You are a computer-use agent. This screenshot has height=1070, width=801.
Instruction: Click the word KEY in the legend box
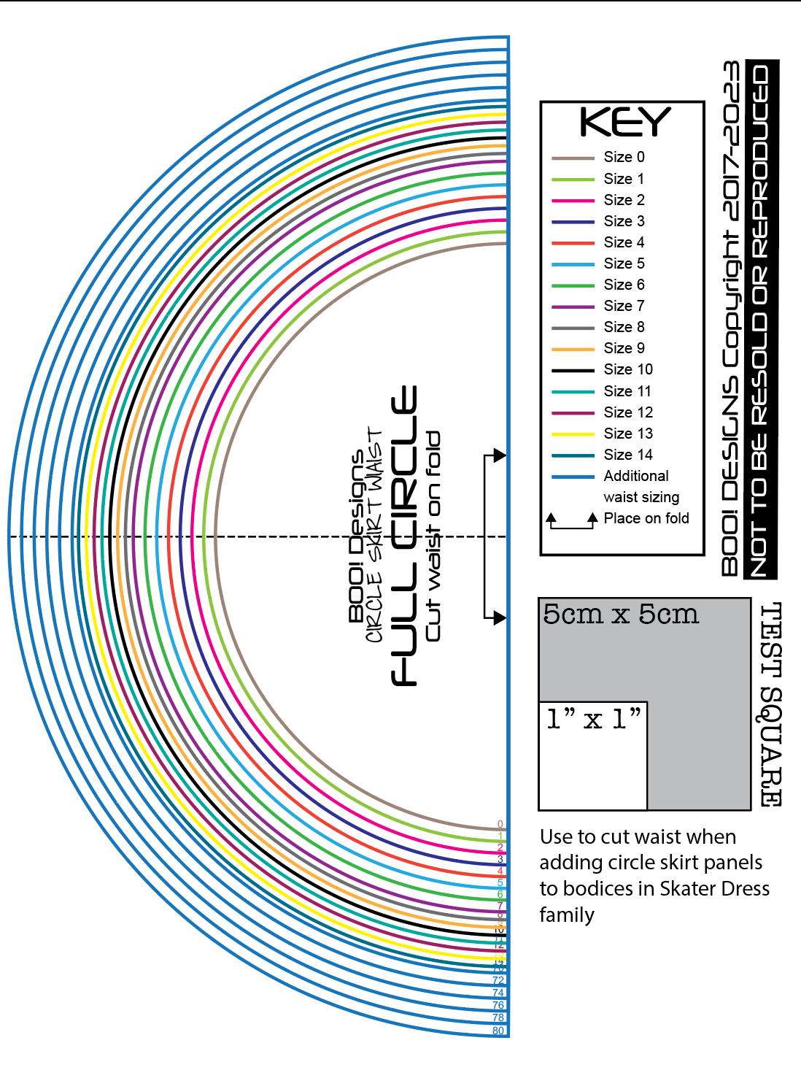[x=624, y=122]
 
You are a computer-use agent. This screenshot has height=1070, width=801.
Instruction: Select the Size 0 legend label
[x=624, y=157]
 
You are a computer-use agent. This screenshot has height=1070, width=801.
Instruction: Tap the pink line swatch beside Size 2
[x=573, y=201]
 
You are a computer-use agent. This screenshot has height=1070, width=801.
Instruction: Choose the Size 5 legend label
[x=624, y=263]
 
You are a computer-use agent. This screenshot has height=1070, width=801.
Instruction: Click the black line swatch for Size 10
[x=573, y=370]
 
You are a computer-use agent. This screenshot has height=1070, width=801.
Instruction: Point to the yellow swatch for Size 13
[x=573, y=434]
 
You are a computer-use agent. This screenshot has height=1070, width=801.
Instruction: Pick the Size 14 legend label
[x=627, y=455]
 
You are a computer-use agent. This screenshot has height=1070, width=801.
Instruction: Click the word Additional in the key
[x=635, y=476]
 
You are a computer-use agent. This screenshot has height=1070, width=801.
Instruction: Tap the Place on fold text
[x=646, y=518]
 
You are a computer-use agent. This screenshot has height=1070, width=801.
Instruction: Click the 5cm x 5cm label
[x=620, y=615]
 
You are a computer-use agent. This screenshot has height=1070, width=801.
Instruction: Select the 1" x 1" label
[x=593, y=720]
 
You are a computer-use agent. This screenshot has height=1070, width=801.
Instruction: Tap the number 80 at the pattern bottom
[x=498, y=1031]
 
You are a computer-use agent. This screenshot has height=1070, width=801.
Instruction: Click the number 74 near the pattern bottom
[x=498, y=993]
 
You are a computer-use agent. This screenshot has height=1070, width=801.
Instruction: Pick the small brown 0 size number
[x=500, y=825]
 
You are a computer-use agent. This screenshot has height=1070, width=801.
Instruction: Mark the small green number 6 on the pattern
[x=500, y=894]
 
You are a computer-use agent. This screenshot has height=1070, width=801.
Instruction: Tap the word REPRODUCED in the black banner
[x=761, y=161]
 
